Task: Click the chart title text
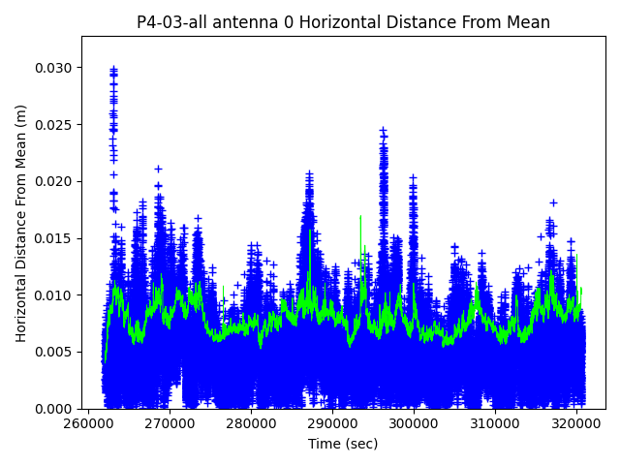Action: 343,22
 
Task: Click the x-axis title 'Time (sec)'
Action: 343,444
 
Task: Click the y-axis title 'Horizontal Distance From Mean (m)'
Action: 21,223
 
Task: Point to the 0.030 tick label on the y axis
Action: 54,68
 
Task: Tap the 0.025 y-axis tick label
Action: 54,125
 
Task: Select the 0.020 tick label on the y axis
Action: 54,181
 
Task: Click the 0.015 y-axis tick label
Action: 54,238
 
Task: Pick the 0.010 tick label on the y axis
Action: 54,294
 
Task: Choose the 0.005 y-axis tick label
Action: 54,352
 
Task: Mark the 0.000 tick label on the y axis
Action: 54,408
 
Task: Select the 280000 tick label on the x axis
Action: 252,423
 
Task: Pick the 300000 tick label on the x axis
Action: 414,423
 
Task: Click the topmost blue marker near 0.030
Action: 113,69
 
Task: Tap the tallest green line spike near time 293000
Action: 360,216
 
